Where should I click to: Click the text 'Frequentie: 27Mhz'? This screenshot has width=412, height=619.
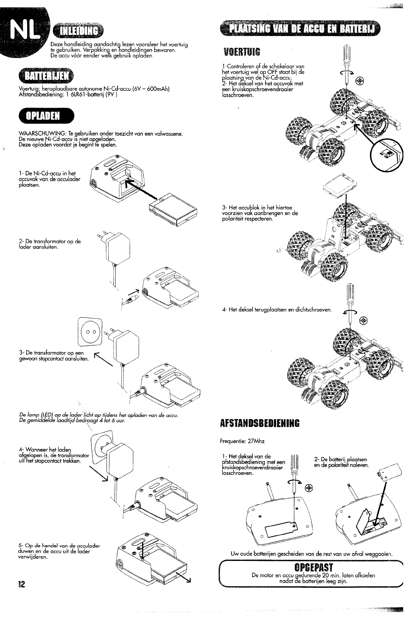(x=242, y=441)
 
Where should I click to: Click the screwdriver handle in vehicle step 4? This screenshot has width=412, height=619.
(x=350, y=295)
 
